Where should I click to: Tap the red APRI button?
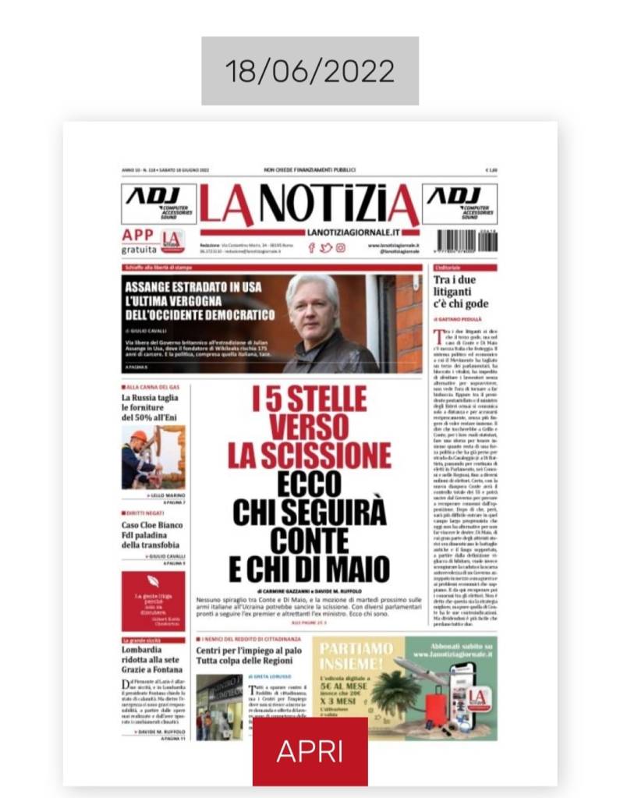point(310,750)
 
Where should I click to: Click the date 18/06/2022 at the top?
point(310,71)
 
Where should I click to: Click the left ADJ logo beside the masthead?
point(158,203)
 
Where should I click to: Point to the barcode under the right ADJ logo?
point(466,239)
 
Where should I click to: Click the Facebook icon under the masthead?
point(311,248)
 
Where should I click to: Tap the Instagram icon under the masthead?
point(341,248)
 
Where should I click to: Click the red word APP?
point(138,234)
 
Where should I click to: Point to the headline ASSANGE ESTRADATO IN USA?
point(192,287)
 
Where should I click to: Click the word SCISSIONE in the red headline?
point(310,453)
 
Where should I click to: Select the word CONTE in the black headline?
point(310,540)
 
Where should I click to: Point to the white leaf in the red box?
point(153,581)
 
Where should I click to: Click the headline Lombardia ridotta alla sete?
point(152,662)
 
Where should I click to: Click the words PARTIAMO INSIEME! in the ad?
point(358,655)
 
